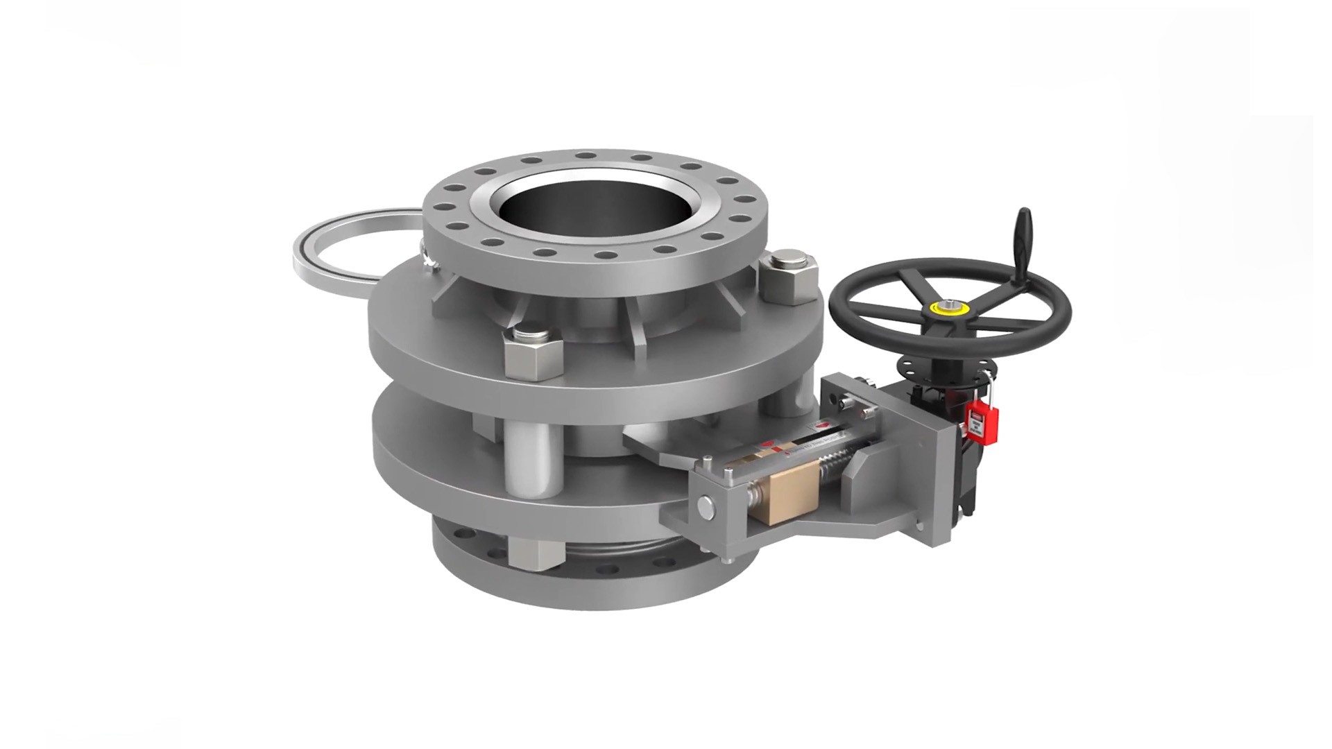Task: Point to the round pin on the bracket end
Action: [x=706, y=505]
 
